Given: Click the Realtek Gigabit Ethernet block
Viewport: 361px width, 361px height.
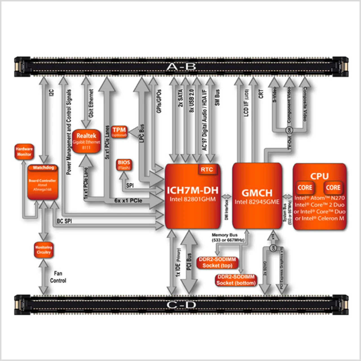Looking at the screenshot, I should click(86, 141).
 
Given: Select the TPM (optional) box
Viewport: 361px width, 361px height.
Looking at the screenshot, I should click(119, 132).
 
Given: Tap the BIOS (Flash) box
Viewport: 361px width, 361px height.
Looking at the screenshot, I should click(124, 165).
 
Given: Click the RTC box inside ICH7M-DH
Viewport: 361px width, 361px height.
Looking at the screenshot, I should click(207, 170).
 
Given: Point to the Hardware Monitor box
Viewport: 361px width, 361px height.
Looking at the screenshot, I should click(24, 151).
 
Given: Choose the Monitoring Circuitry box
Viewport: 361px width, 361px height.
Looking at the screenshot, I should click(43, 250).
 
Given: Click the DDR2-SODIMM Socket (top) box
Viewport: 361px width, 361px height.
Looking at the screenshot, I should click(217, 263).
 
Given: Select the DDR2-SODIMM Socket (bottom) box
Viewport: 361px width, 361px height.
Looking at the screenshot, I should click(236, 280).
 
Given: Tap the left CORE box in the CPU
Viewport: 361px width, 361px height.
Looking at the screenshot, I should click(305, 188).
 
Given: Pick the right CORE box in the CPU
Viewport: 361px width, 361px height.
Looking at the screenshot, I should click(333, 188).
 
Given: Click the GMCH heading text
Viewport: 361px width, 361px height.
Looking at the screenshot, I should click(257, 193).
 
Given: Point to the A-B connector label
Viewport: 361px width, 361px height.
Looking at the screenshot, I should click(181, 67).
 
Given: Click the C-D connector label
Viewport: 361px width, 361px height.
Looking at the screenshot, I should click(181, 305).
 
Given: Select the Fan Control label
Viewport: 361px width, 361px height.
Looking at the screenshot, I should click(58, 277).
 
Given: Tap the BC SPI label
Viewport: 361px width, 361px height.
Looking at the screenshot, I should click(64, 221).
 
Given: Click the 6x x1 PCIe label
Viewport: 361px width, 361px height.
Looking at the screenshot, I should click(128, 201).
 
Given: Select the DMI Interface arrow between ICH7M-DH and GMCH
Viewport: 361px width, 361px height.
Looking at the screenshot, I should click(226, 197).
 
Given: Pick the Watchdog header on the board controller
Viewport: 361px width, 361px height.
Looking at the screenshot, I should click(43, 168).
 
